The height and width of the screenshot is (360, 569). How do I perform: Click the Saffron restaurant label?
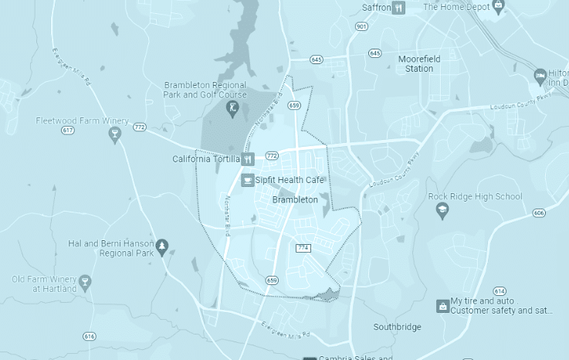[x=376, y=8]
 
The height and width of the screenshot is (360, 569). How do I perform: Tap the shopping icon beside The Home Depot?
[x=499, y=7]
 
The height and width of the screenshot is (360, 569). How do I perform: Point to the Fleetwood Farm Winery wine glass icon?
[x=115, y=136]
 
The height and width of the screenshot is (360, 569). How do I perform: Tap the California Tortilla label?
[x=205, y=159]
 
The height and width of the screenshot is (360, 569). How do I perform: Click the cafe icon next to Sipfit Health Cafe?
[x=248, y=180]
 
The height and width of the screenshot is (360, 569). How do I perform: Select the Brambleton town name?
[x=296, y=199]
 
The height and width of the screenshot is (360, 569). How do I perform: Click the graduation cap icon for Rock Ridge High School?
[x=442, y=211]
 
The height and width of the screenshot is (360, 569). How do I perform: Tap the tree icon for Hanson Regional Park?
[x=162, y=247]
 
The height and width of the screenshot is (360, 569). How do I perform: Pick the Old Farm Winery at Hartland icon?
[x=85, y=282]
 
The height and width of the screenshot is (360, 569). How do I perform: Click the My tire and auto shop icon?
[x=442, y=306]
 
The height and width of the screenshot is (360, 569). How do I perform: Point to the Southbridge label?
[x=397, y=327]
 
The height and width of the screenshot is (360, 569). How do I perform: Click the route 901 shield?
[x=361, y=26]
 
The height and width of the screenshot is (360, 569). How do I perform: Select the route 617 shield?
[x=68, y=130]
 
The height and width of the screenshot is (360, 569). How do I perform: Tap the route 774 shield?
[x=303, y=248]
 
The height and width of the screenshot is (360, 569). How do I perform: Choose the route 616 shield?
[x=90, y=336]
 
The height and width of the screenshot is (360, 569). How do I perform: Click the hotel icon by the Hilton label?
[x=540, y=76]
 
